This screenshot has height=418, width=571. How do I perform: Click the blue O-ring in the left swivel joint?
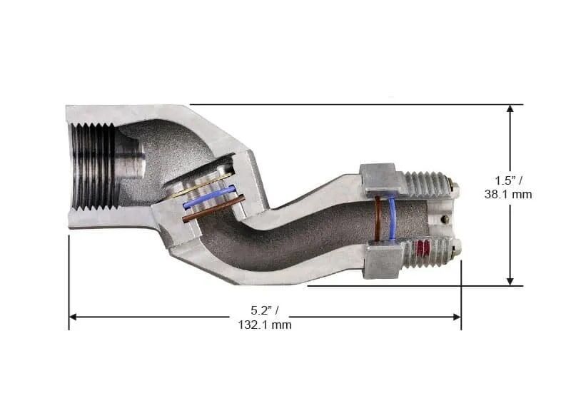tap(208, 198)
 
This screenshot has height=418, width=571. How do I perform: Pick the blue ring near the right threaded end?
tap(392, 218)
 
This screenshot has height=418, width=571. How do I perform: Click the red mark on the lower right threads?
tap(423, 249)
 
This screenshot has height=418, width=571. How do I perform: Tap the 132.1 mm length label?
tap(265, 325)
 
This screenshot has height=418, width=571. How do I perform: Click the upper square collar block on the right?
tap(378, 179)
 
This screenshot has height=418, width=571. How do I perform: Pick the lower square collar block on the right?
tap(382, 260)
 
